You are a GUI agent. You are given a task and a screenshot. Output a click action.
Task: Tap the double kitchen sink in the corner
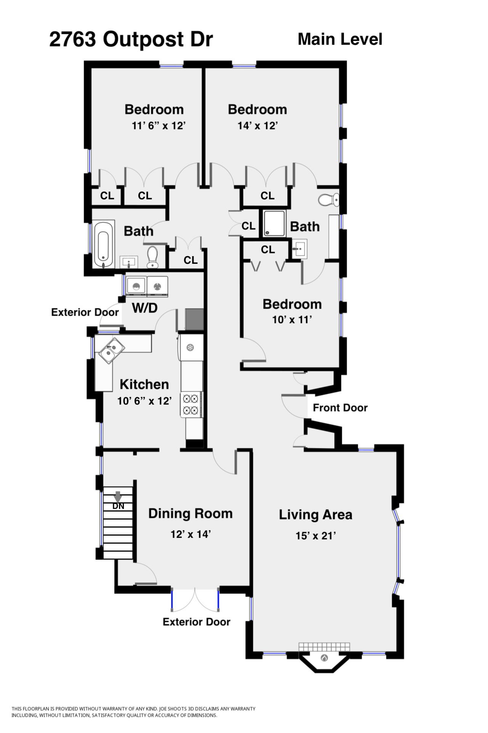[112, 350]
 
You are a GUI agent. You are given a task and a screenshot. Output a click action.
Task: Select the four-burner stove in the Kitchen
[191, 405]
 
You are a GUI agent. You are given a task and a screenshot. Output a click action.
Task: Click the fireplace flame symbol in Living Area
[324, 658]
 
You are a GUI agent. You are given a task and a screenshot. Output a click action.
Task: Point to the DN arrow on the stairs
[118, 497]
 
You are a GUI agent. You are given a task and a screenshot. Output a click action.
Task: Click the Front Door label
[340, 408]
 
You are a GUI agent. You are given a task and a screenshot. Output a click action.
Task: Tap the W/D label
[144, 308]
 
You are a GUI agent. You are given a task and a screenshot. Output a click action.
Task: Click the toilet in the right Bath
[329, 199]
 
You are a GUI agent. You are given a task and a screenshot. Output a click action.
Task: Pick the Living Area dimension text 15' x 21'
[316, 536]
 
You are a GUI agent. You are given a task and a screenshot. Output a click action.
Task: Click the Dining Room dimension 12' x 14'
[191, 534]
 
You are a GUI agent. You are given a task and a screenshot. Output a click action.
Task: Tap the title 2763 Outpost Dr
[131, 39]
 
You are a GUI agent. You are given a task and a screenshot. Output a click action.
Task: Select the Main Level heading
[340, 39]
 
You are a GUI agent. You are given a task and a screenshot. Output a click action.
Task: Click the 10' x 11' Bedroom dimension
[292, 320]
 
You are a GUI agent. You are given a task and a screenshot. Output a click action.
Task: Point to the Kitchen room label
[144, 384]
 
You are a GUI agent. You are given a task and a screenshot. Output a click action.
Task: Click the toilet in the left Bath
[152, 257]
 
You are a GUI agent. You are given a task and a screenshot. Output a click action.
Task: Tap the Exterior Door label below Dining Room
[196, 622]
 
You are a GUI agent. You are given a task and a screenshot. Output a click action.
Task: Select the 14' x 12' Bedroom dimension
[257, 126]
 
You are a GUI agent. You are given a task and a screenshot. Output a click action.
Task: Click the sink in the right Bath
[299, 249]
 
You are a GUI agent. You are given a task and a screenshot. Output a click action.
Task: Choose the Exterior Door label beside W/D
[85, 312]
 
